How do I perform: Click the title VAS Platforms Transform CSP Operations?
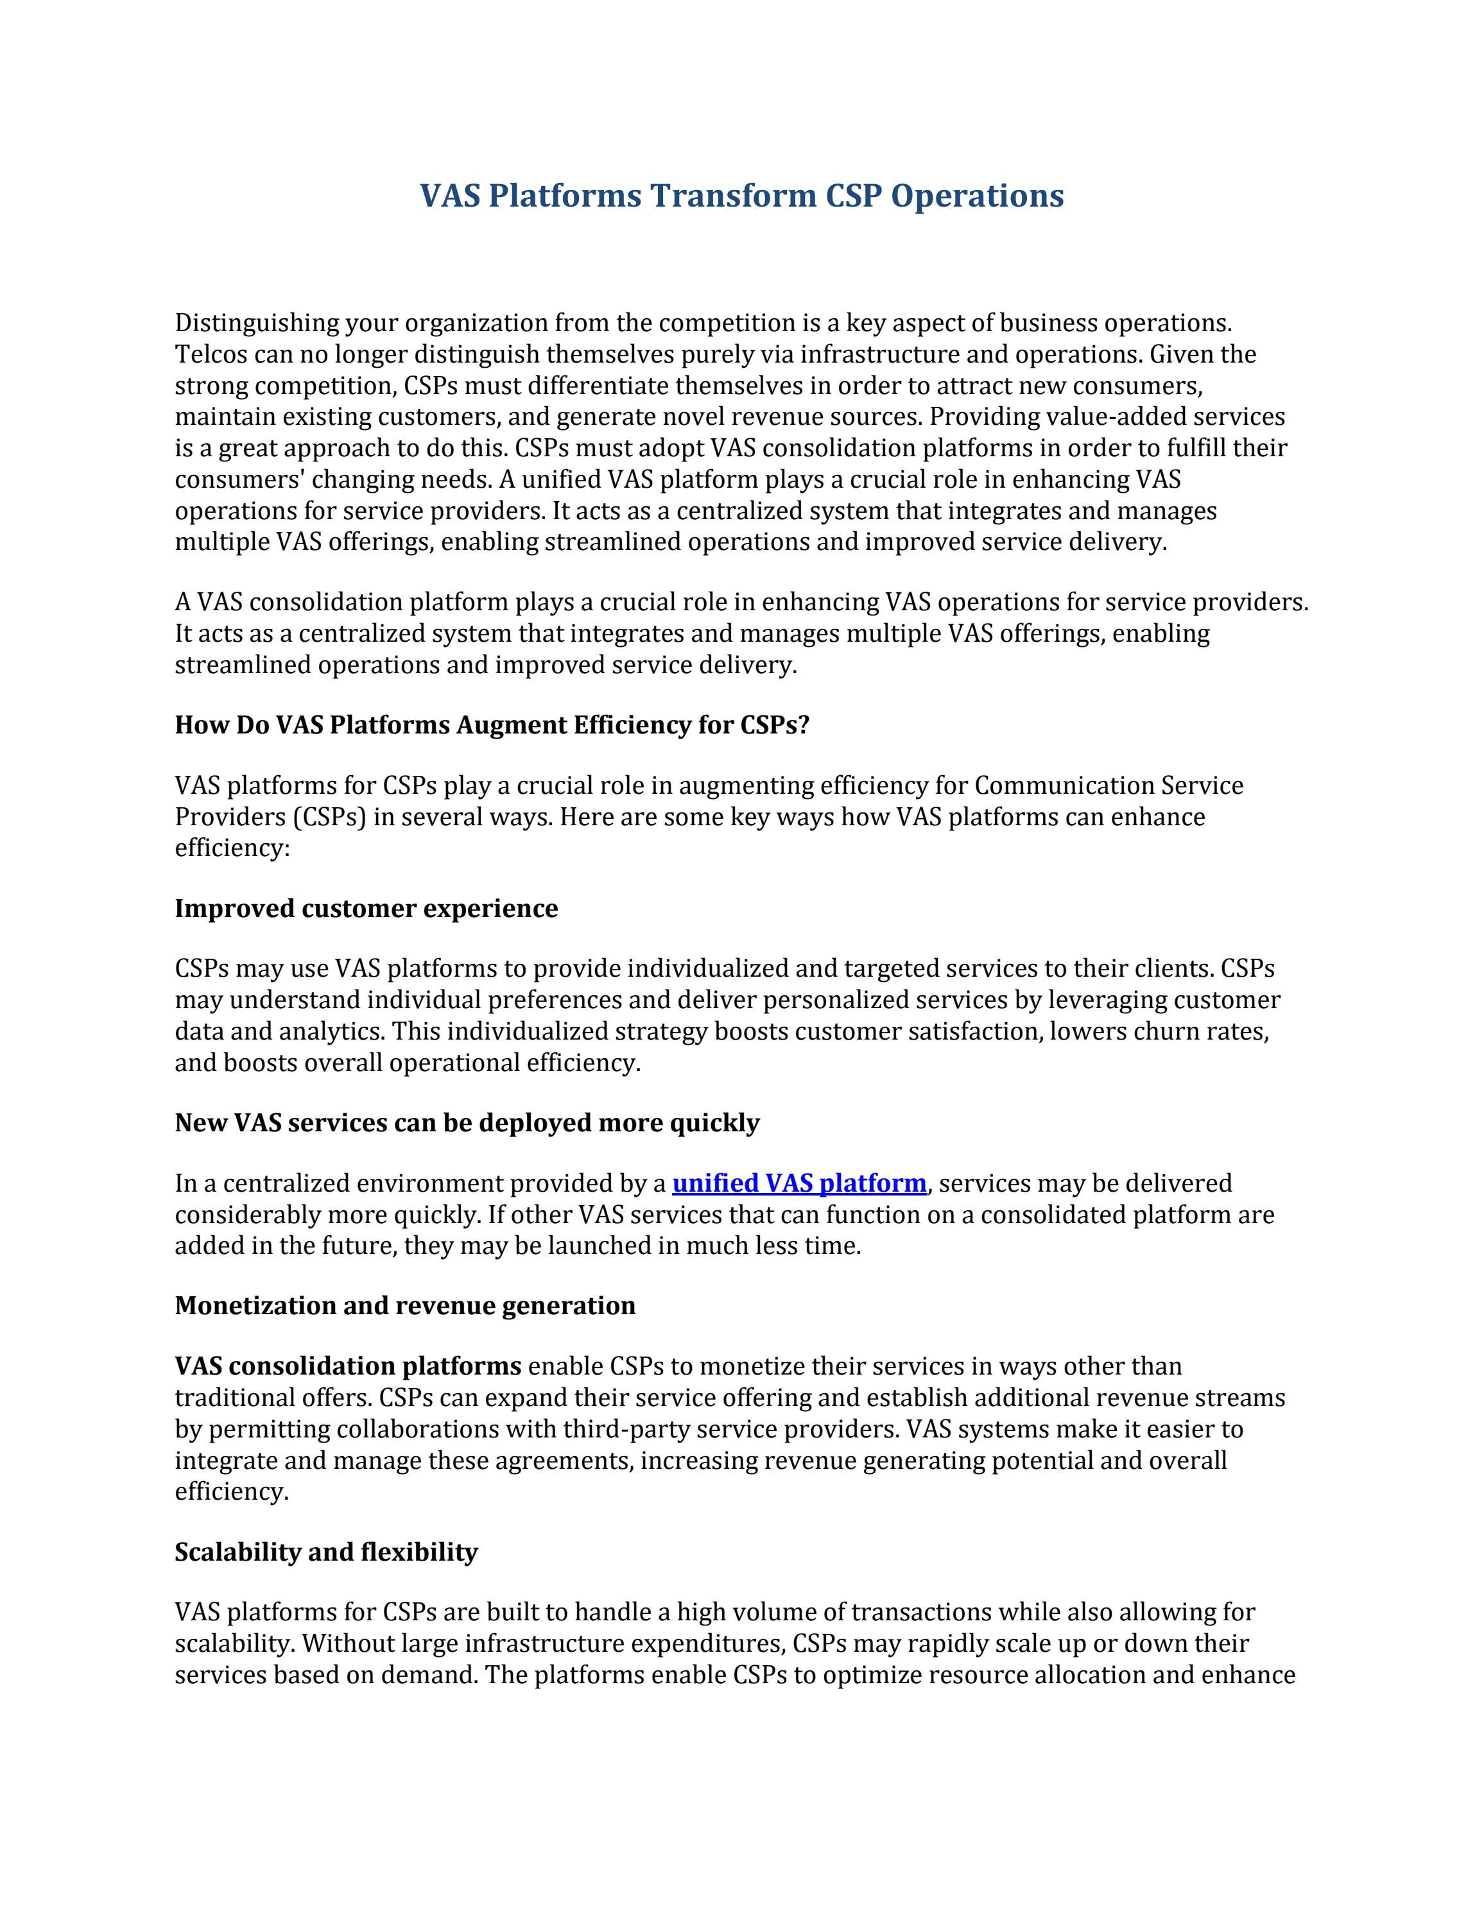[x=741, y=195]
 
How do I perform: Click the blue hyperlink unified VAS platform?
[x=798, y=1183]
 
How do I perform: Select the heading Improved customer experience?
[x=366, y=908]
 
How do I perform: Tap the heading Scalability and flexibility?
[x=325, y=1552]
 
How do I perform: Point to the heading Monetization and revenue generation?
[x=404, y=1305]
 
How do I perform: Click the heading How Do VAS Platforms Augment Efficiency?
[x=492, y=725]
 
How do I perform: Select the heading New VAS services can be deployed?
[x=467, y=1122]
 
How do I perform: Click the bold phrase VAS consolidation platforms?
[x=348, y=1366]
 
